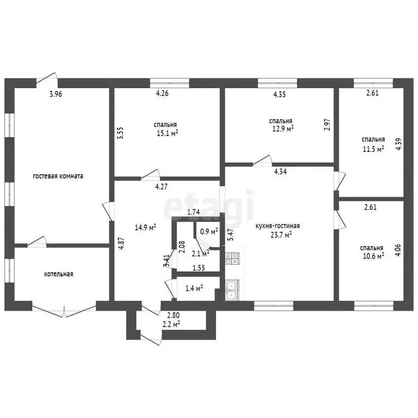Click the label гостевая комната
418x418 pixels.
pos(58,176)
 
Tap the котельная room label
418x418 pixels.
pos(59,274)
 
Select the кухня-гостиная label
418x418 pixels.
pos(278,226)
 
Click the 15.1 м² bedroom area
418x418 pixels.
pos(168,133)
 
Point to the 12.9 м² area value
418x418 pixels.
pos(283,129)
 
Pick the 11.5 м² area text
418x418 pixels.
pos(373,149)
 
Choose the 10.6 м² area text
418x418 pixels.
pos(373,256)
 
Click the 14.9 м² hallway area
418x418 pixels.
pos(145,228)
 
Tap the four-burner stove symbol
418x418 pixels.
pos(232,259)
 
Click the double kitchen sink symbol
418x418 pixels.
pos(232,290)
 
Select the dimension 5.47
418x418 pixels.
pos(230,235)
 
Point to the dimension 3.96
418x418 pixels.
pos(56,94)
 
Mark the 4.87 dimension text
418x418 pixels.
pos(121,243)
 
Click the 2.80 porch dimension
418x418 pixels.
pos(173,315)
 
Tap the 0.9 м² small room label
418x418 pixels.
pos(209,231)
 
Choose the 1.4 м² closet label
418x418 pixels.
pos(194,288)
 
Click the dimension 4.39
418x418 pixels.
pos(398,144)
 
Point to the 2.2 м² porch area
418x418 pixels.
pos(171,324)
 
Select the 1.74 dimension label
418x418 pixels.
pos(194,212)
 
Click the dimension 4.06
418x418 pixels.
pos(398,250)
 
